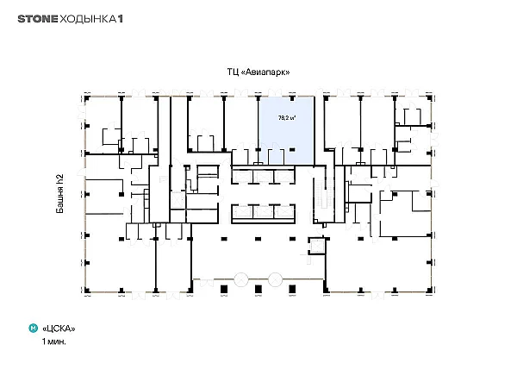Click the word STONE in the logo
[38, 19]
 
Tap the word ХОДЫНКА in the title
[88, 19]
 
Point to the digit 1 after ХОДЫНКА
[121, 19]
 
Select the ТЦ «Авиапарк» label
[258, 72]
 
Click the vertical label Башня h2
[59, 194]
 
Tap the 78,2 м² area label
[287, 117]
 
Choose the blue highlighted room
[286, 131]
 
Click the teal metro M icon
[34, 329]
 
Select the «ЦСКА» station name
[59, 329]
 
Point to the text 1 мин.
[53, 341]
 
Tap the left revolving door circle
[241, 279]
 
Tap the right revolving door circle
[275, 279]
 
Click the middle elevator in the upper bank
[263, 177]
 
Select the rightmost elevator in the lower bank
[284, 212]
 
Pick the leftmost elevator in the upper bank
[242, 177]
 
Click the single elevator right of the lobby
[317, 246]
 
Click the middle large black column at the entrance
[258, 290]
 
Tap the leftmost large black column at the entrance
[224, 290]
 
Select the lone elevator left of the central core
[178, 200]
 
